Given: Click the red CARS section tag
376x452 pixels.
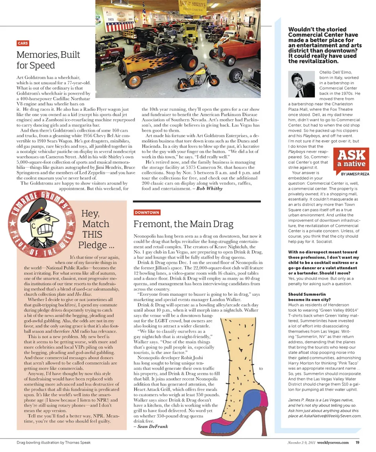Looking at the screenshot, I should pos(23,43).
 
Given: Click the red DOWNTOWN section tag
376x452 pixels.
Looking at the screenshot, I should pos(147,212).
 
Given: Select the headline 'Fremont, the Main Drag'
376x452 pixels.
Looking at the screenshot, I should pos(183,224).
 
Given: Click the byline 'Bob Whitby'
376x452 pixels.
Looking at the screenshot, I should pos(209,188).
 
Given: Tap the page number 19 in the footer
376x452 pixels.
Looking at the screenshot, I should pos(358,443).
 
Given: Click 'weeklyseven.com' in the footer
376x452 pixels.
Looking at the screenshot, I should pos(333,443).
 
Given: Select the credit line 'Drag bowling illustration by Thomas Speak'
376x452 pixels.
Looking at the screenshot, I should pos(54,443).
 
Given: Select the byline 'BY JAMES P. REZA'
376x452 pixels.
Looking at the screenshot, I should pos(355,174).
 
